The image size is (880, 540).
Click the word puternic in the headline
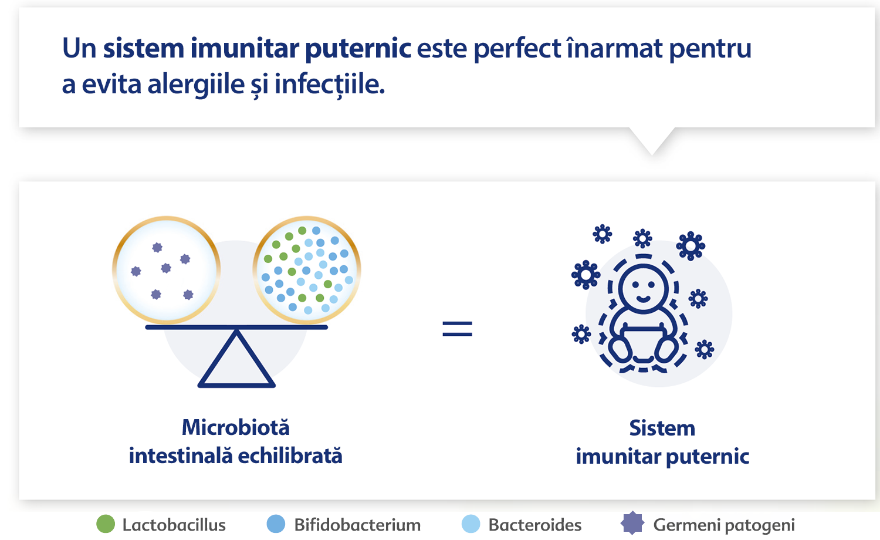(x=358, y=49)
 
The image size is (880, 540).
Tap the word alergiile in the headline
(x=196, y=85)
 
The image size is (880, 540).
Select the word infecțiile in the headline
(x=329, y=85)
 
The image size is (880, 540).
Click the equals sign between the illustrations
(x=457, y=329)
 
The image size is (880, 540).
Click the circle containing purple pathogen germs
(x=166, y=270)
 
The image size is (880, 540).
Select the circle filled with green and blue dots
(x=307, y=270)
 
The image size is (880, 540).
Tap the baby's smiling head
(x=643, y=289)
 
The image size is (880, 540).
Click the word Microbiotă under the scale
(x=236, y=427)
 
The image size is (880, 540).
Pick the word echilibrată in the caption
(x=290, y=456)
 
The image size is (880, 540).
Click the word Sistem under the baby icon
(x=662, y=428)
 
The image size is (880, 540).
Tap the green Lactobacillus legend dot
(x=106, y=524)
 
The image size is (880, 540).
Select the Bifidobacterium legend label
(x=357, y=525)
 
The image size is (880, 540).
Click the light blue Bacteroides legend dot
(x=471, y=524)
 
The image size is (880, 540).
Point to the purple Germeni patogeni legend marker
(x=632, y=523)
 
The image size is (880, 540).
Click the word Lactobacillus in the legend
(x=174, y=525)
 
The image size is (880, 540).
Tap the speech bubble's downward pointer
(x=652, y=141)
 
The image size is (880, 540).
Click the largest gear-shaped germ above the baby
(x=691, y=246)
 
